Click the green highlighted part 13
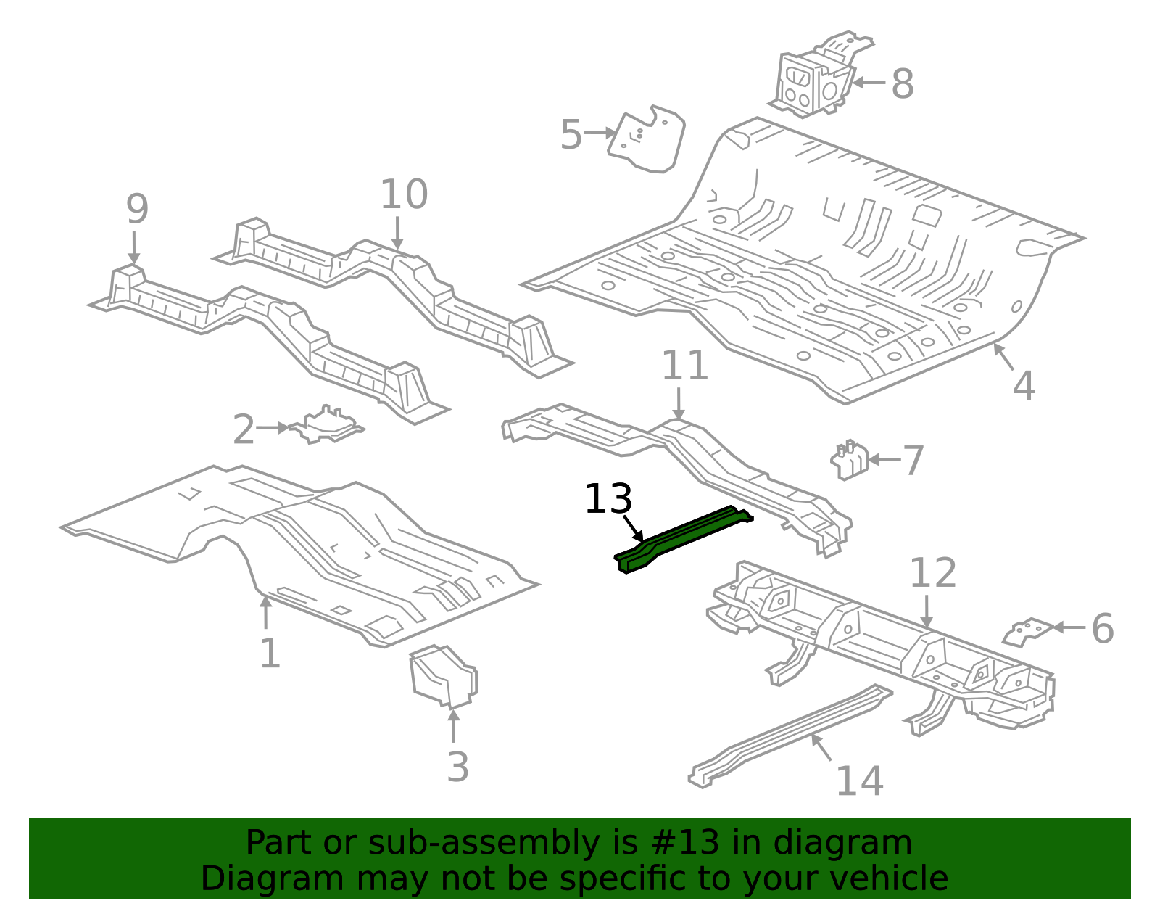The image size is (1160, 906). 683,538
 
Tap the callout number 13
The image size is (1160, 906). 608,499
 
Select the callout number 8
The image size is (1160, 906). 902,84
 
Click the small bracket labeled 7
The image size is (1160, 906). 849,460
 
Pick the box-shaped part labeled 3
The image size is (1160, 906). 443,676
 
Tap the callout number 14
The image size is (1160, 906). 859,781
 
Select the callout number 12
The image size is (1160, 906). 932,572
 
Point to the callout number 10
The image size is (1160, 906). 404,194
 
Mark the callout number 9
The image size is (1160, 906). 136,209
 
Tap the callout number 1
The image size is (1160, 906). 270,653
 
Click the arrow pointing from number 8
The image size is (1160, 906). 869,83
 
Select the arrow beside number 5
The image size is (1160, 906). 600,133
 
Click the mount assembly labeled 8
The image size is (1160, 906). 820,75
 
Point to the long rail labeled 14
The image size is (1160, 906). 790,737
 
